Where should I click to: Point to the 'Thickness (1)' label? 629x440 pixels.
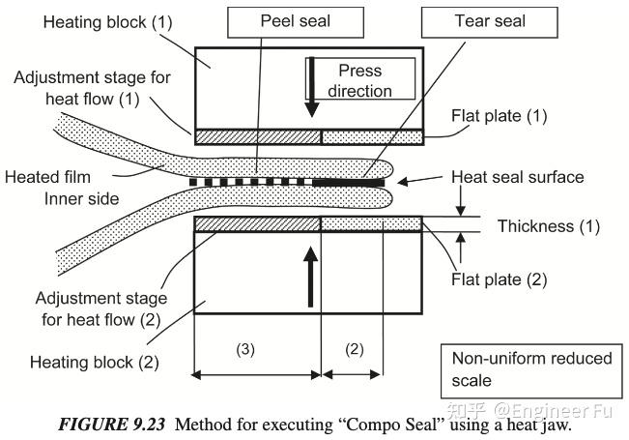(x=548, y=227)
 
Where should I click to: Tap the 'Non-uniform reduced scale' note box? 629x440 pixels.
(x=531, y=368)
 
